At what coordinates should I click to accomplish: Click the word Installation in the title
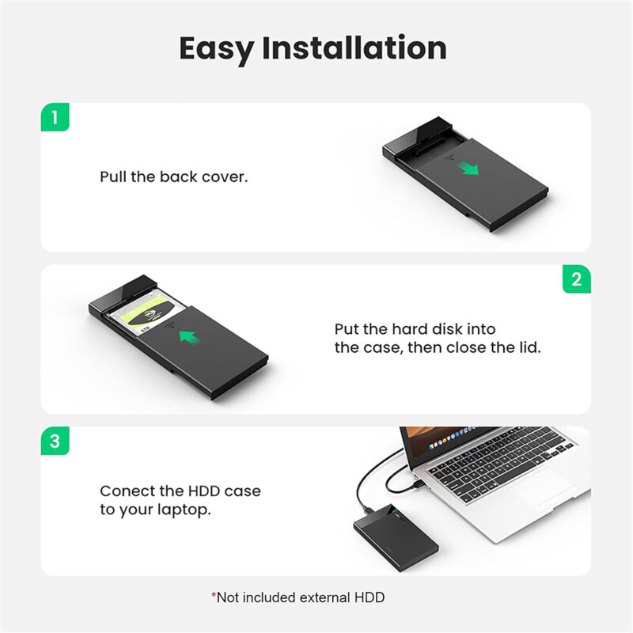[354, 48]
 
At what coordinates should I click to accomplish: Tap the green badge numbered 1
[55, 118]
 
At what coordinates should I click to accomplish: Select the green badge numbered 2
[576, 279]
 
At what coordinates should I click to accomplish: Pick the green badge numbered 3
[55, 441]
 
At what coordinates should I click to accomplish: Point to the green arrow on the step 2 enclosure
[188, 338]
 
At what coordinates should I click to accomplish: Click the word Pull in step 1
[113, 176]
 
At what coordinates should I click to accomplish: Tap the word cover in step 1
[225, 176]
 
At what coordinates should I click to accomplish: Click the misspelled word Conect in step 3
[126, 491]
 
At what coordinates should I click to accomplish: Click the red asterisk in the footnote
[214, 596]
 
